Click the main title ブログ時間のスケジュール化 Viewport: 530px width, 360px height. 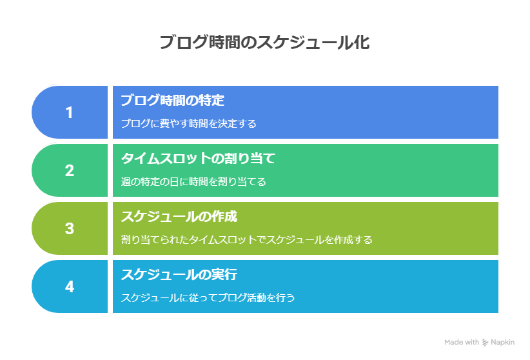[264, 43]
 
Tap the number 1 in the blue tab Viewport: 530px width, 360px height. [70, 113]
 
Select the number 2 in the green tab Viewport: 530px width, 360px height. [70, 171]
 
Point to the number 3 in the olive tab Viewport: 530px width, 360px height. [70, 229]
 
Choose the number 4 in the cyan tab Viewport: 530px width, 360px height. [70, 287]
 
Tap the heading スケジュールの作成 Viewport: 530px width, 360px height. [179, 216]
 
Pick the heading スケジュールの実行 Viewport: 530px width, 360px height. [179, 274]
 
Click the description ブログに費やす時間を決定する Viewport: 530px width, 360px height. [188, 123]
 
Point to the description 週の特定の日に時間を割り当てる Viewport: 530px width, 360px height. [193, 181]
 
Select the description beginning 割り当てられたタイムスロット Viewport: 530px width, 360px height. [247, 239]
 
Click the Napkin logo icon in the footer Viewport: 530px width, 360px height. [485, 343]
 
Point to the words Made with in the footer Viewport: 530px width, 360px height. [462, 343]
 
